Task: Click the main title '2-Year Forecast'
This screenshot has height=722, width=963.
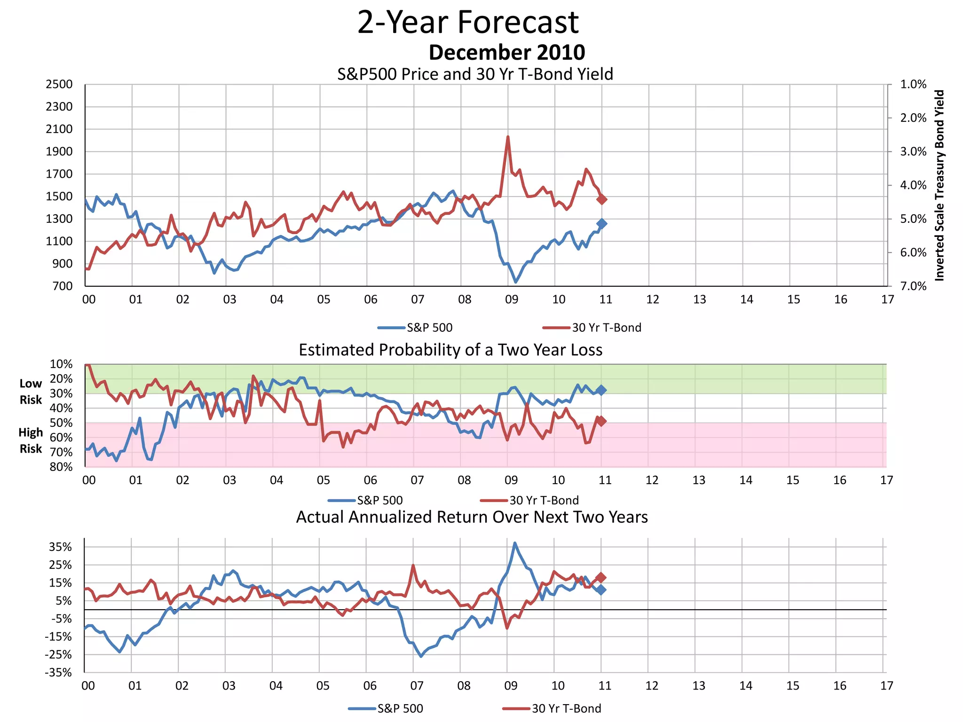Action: coord(468,22)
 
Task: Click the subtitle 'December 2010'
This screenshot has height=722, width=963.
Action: coord(506,52)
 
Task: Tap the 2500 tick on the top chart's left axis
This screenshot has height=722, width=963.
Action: coord(59,85)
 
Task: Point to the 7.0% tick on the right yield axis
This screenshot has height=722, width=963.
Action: coord(913,286)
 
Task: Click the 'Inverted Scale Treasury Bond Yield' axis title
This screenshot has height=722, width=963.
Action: coord(939,186)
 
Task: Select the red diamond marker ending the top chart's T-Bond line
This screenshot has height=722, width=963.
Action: coord(602,199)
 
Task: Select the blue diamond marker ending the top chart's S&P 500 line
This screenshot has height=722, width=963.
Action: coord(602,224)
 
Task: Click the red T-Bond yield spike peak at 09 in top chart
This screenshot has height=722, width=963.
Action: coord(508,137)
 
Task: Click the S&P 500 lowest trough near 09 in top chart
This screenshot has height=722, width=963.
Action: coord(516,282)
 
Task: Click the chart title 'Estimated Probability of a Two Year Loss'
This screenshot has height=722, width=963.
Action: coord(450,350)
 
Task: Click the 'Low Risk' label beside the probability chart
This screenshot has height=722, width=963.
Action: coord(31,392)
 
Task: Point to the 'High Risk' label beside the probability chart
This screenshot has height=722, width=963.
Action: coord(31,440)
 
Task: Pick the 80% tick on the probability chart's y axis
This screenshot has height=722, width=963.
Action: coord(61,467)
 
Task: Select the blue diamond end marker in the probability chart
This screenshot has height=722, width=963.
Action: coord(601,390)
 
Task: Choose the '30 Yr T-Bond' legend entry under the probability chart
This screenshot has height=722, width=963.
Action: coord(544,500)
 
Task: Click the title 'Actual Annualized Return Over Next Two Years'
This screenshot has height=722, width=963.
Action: coord(472,517)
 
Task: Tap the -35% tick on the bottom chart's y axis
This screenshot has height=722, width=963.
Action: coord(59,673)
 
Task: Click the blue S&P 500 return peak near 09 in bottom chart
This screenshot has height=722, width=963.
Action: coord(515,543)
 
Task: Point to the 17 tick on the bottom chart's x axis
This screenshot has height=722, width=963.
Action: coord(886,686)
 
